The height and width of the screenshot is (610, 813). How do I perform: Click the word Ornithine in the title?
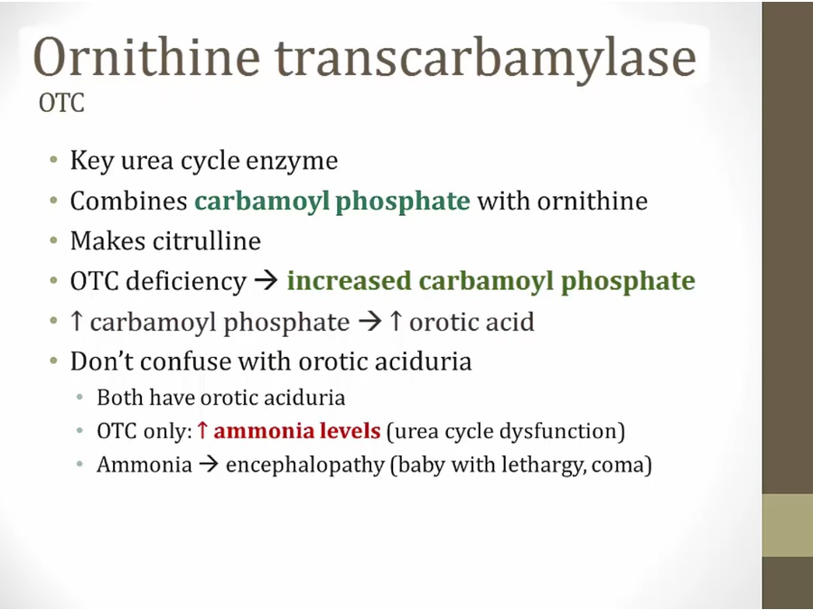coord(146,57)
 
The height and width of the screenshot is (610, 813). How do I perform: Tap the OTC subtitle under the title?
coord(61,103)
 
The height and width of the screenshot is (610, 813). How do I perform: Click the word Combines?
coord(128,201)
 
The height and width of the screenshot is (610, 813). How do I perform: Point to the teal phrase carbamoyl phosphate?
coord(332,202)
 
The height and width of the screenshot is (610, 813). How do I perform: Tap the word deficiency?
coord(185,282)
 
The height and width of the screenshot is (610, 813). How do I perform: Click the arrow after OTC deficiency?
coord(266,282)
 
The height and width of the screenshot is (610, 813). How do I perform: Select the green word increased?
coord(349,281)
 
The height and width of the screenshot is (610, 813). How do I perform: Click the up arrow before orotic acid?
coord(396,321)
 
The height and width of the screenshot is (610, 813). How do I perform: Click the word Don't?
coord(101,361)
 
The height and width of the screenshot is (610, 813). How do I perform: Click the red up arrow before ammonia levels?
coord(202,430)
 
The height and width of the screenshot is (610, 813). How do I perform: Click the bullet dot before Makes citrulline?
coord(54,240)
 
